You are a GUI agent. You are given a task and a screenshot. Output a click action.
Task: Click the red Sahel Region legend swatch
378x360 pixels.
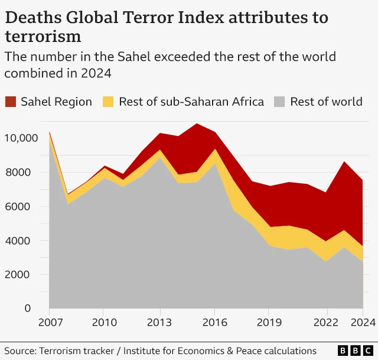[x=11, y=102]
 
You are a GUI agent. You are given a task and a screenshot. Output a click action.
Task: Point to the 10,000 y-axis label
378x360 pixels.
[x=21, y=138]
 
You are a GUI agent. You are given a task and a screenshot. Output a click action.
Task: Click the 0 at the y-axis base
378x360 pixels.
[x=27, y=309]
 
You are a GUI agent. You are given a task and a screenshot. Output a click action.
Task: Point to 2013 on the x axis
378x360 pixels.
[x=159, y=323]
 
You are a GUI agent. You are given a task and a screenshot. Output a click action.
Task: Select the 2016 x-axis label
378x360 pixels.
[x=214, y=323]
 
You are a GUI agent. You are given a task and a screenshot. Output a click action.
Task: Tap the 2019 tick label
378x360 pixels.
[x=269, y=323]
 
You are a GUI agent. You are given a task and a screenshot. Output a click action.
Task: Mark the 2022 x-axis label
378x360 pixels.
[x=324, y=323]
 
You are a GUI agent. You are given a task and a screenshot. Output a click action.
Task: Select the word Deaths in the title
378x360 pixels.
[x=30, y=18]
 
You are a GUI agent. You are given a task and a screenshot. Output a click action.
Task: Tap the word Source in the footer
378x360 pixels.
[x=19, y=351]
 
